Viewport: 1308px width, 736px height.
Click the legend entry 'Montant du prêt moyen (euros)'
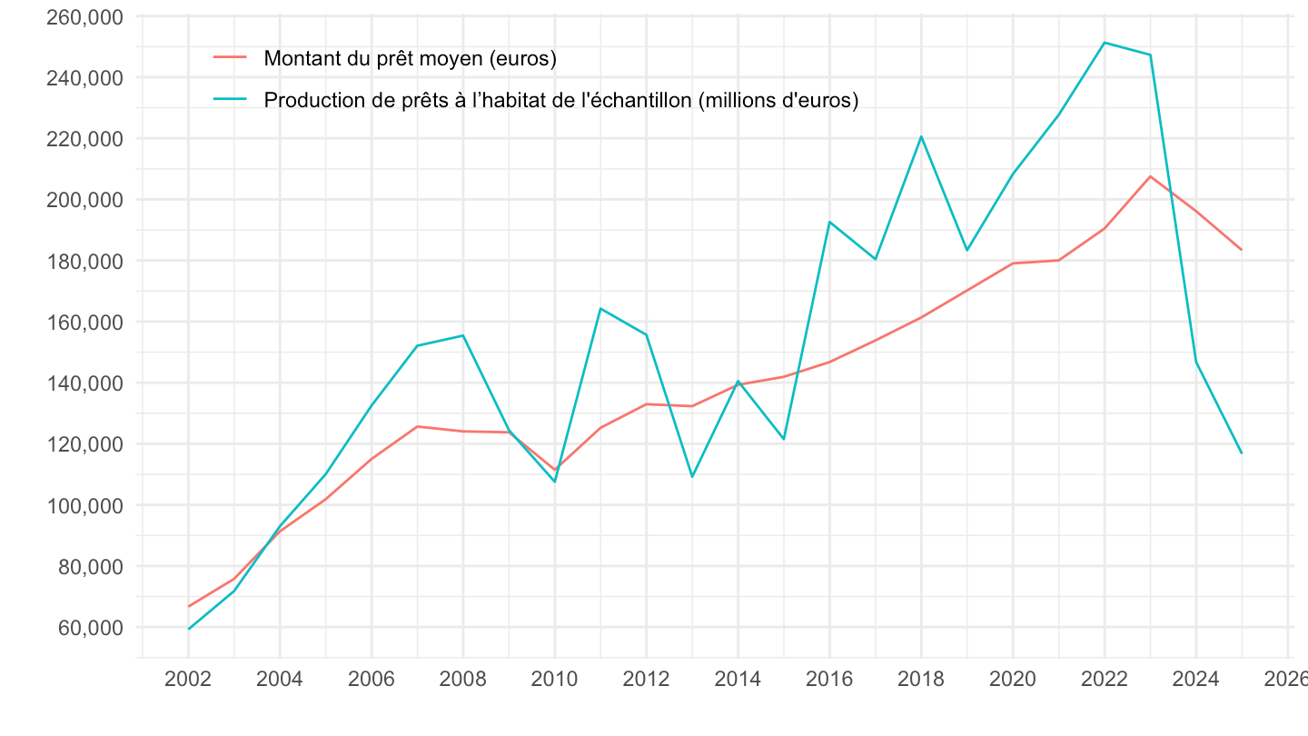pos(410,59)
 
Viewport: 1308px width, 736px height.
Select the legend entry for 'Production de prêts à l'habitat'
pos(560,100)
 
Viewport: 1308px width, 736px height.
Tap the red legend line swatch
pos(230,58)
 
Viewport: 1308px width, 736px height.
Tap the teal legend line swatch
pos(230,99)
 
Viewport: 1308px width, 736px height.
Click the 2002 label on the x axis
pos(188,680)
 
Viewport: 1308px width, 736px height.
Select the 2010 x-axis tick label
pos(554,680)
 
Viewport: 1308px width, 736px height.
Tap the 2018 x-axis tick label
pos(921,680)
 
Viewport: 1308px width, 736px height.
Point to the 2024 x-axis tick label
pos(1196,680)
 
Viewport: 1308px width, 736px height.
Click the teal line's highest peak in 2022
pos(1105,43)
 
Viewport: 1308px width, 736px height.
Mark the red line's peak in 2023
pos(1150,176)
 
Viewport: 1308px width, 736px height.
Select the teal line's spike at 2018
pos(921,137)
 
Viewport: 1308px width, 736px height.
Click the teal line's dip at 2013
pos(692,476)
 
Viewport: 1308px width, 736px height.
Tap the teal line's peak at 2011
pos(600,308)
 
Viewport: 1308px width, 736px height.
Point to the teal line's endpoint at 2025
pos(1242,453)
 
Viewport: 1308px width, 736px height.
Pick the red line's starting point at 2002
pos(188,606)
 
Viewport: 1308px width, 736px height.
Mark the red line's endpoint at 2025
pos(1242,250)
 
